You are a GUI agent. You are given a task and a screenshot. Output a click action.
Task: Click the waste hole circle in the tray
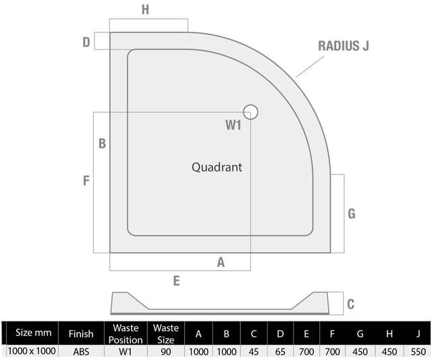250,105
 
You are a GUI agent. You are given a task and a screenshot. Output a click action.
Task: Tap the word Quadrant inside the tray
217,168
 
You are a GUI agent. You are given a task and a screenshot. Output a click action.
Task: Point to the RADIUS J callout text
344,46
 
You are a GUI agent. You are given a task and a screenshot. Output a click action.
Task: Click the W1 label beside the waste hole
234,125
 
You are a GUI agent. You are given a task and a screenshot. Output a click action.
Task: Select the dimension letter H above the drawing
145,9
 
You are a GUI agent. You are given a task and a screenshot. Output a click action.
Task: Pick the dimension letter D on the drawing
86,42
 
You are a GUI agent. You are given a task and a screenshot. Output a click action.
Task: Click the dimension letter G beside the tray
352,214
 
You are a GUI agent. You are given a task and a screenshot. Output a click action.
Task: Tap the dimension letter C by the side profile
351,304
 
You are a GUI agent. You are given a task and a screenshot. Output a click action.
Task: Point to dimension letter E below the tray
177,281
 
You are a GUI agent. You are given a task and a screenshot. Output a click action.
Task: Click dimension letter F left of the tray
86,180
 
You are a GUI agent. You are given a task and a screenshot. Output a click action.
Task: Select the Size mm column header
34,332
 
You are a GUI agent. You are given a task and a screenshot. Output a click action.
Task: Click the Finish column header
81,334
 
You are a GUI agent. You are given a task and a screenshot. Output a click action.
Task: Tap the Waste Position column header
126,334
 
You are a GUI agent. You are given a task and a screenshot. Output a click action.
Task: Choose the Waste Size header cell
166,334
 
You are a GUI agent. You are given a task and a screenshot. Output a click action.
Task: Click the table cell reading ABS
81,352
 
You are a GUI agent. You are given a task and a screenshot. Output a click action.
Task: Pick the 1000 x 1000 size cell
32,351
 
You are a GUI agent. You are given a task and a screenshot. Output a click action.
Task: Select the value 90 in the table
166,352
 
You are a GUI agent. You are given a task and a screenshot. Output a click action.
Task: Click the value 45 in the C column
254,352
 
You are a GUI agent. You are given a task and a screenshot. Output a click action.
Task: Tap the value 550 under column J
418,352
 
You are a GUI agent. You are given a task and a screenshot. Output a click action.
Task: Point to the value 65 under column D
280,352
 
